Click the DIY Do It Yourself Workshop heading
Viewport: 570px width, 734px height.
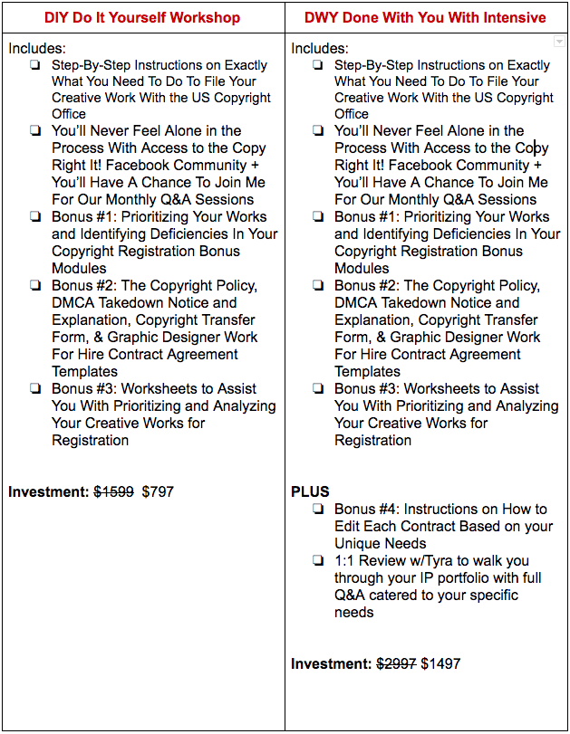(x=142, y=17)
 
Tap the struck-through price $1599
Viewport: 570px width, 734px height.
(x=114, y=492)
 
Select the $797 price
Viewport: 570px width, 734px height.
(x=158, y=492)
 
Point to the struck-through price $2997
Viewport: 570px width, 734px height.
(x=397, y=664)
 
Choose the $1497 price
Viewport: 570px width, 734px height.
(x=440, y=664)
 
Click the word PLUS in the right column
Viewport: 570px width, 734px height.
(x=310, y=492)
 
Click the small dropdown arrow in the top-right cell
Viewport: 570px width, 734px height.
(x=559, y=43)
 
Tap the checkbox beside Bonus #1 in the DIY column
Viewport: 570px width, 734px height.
(x=35, y=217)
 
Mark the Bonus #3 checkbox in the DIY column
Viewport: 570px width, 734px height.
(x=35, y=389)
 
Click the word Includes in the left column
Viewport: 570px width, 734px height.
(x=37, y=49)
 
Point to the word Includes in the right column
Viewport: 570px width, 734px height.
(x=320, y=49)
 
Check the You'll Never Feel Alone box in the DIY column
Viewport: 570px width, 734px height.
(x=35, y=131)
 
